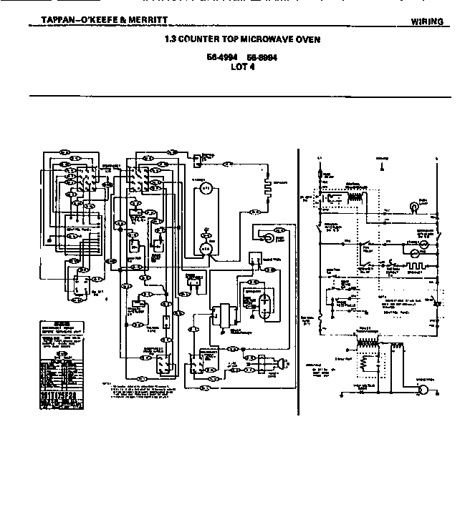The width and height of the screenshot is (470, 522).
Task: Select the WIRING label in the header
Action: pyautogui.click(x=427, y=21)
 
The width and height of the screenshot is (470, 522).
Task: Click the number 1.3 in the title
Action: pyautogui.click(x=171, y=39)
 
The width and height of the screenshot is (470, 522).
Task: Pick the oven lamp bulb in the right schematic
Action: pyautogui.click(x=413, y=207)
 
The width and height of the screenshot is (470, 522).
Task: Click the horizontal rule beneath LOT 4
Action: pyautogui.click(x=240, y=96)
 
